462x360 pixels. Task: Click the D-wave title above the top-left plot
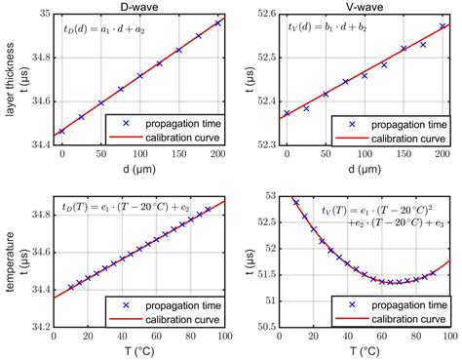point(139,7)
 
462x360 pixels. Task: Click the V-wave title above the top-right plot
point(365,7)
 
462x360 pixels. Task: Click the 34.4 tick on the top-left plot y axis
point(36,143)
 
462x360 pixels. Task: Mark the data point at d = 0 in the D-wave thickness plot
point(62,131)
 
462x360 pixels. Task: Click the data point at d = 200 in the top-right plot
point(442,26)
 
